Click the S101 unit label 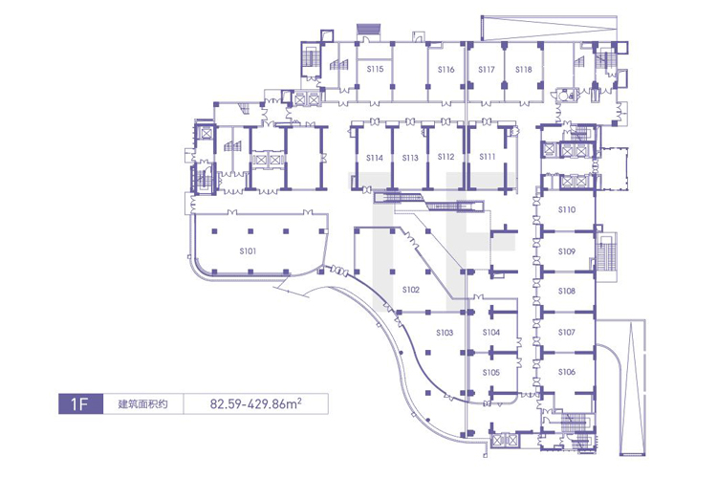pos(248,251)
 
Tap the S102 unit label pos(411,290)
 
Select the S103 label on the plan pos(445,333)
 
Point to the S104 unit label pos(491,333)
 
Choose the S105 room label pos(491,372)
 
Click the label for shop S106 pos(567,372)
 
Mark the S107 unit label pos(567,333)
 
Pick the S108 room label pos(567,291)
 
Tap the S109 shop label pos(567,251)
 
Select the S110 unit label pos(567,209)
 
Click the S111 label pos(488,157)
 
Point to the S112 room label pos(445,157)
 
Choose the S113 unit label pos(410,158)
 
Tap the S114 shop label pos(375,158)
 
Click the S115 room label pos(375,69)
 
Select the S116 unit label pos(445,70)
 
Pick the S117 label pos(487,70)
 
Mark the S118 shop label pos(524,70)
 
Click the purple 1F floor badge pos(80,403)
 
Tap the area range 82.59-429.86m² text pos(255,403)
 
